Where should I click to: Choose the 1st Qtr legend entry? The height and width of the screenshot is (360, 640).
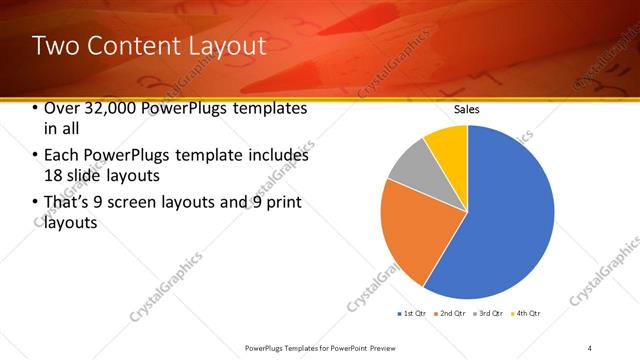coord(414,314)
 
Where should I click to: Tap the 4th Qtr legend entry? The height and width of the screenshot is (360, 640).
coord(527,314)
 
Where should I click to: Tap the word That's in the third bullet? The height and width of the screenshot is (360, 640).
coord(64,203)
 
